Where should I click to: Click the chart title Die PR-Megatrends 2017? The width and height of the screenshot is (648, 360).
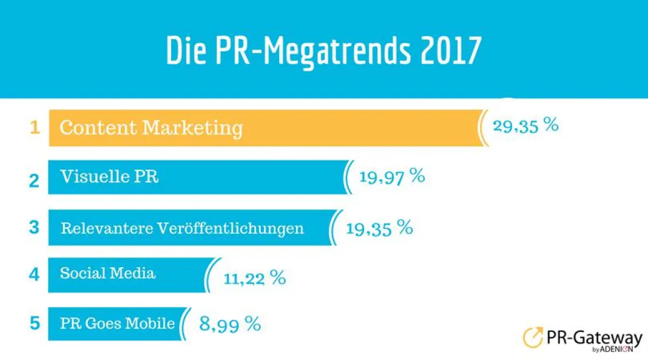(323, 52)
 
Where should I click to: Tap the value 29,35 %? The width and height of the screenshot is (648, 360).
(525, 126)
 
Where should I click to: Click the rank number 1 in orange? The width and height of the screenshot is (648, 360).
(35, 128)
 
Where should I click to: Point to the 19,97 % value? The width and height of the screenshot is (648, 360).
(392, 176)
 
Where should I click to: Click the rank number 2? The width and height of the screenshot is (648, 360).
(34, 179)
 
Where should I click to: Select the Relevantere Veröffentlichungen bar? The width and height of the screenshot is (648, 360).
(189, 228)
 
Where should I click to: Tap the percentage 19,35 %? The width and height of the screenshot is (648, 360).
(380, 228)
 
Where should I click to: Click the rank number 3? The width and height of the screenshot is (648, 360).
(34, 227)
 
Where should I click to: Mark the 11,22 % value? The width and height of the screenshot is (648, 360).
(254, 279)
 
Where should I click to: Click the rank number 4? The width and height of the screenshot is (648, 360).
(34, 275)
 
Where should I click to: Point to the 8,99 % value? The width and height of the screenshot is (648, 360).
(230, 324)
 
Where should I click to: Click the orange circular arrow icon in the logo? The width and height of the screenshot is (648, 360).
(534, 337)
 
